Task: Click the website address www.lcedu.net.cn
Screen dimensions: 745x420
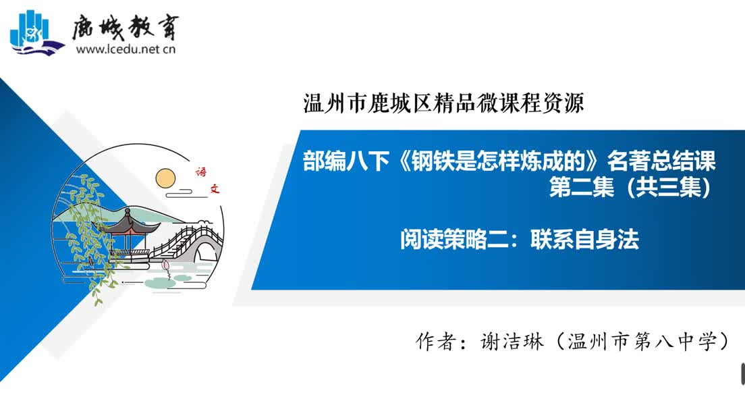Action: tap(126, 49)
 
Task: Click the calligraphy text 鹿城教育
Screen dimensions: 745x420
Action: tap(126, 27)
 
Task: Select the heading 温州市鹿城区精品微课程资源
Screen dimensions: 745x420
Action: tap(443, 103)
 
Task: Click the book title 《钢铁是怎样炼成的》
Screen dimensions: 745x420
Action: tap(498, 161)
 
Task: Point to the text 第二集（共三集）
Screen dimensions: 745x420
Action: tap(630, 186)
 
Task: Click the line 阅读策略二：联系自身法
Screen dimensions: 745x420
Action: tap(520, 239)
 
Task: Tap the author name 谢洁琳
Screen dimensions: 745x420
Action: tap(512, 341)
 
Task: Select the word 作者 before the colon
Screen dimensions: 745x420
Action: tap(436, 341)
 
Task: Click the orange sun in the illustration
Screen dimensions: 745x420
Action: tap(165, 178)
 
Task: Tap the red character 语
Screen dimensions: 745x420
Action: tap(201, 172)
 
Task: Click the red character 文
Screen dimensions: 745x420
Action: tap(215, 189)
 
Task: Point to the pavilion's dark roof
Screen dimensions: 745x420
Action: tap(128, 224)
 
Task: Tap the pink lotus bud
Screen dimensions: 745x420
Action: tap(165, 265)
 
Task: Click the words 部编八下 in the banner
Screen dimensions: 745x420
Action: tap(346, 161)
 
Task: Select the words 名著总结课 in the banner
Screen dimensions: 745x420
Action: tap(661, 161)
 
